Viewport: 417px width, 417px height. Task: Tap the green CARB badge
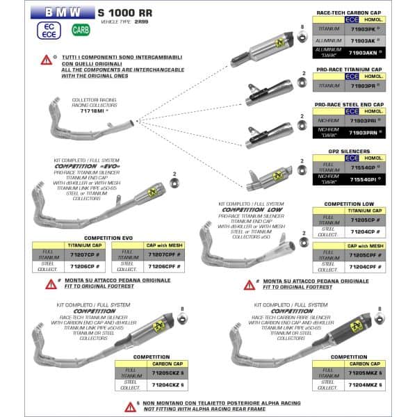point(81,30)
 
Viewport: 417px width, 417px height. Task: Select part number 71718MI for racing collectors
point(92,110)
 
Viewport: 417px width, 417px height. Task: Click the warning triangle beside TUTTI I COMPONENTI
point(45,60)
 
